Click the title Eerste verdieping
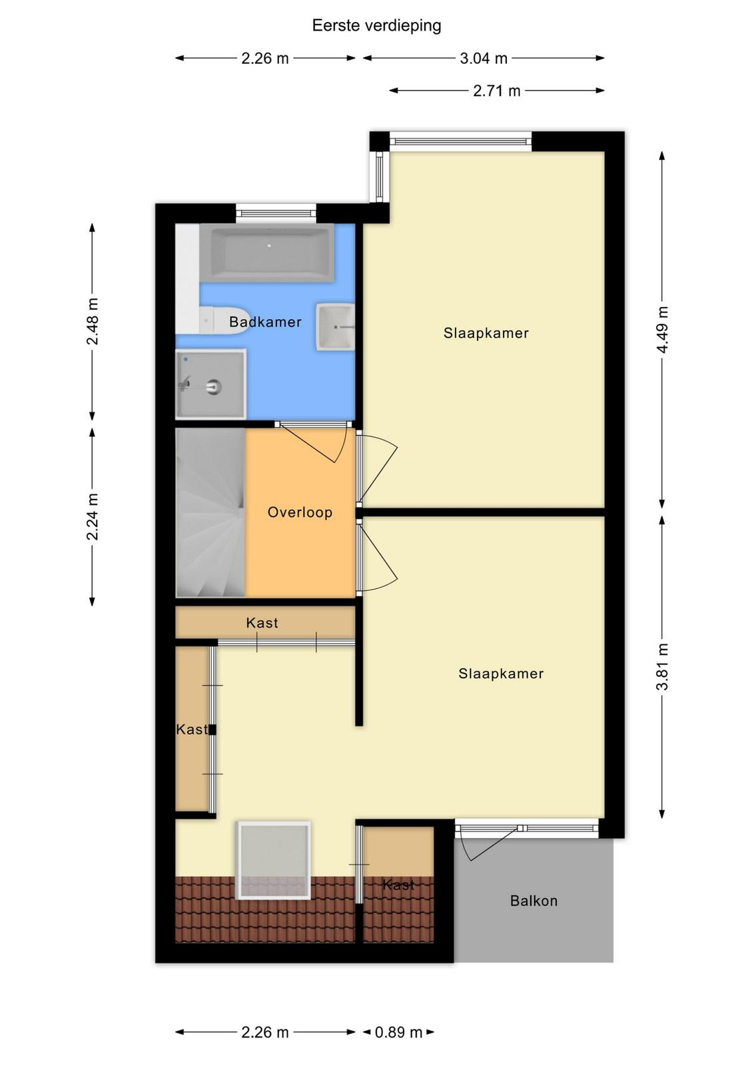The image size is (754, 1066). pyautogui.click(x=376, y=26)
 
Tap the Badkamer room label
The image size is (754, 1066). pyautogui.click(x=265, y=322)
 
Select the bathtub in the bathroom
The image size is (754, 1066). pyautogui.click(x=267, y=253)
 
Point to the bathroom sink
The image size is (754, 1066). pyautogui.click(x=335, y=327)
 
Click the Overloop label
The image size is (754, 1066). pyautogui.click(x=300, y=512)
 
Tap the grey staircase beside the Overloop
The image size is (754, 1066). pyautogui.click(x=210, y=512)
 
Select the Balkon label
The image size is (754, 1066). pyautogui.click(x=534, y=901)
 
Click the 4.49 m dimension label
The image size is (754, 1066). pyautogui.click(x=662, y=329)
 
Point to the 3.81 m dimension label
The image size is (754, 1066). pyautogui.click(x=662, y=666)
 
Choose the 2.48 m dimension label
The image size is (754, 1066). pyautogui.click(x=93, y=321)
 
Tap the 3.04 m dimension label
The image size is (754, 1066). pyautogui.click(x=484, y=59)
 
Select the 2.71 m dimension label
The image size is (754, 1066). pyautogui.click(x=496, y=91)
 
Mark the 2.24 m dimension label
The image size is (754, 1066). pyautogui.click(x=93, y=516)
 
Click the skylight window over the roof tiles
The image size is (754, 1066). pyautogui.click(x=274, y=860)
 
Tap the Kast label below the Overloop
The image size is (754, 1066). pyautogui.click(x=262, y=623)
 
